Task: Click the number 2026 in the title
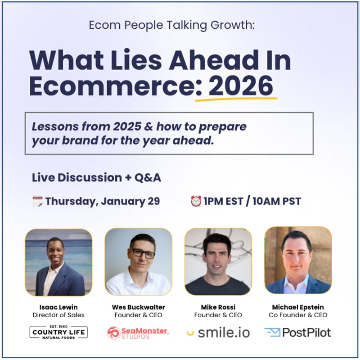pos(241,85)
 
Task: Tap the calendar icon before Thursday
pos(37,201)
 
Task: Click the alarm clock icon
pos(196,201)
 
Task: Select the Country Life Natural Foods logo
pos(58,333)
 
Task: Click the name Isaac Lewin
pos(58,307)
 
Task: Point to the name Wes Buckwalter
pos(138,307)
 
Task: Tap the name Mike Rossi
pos(218,307)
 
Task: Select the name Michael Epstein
pos(298,307)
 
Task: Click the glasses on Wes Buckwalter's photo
pos(142,253)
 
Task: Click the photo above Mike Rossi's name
pos(218,261)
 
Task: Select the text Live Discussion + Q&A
pos(96,178)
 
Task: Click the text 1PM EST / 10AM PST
pos(252,201)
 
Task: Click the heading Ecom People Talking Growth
pos(171,25)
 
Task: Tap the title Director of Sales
pos(58,315)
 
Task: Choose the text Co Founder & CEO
pos(298,315)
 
